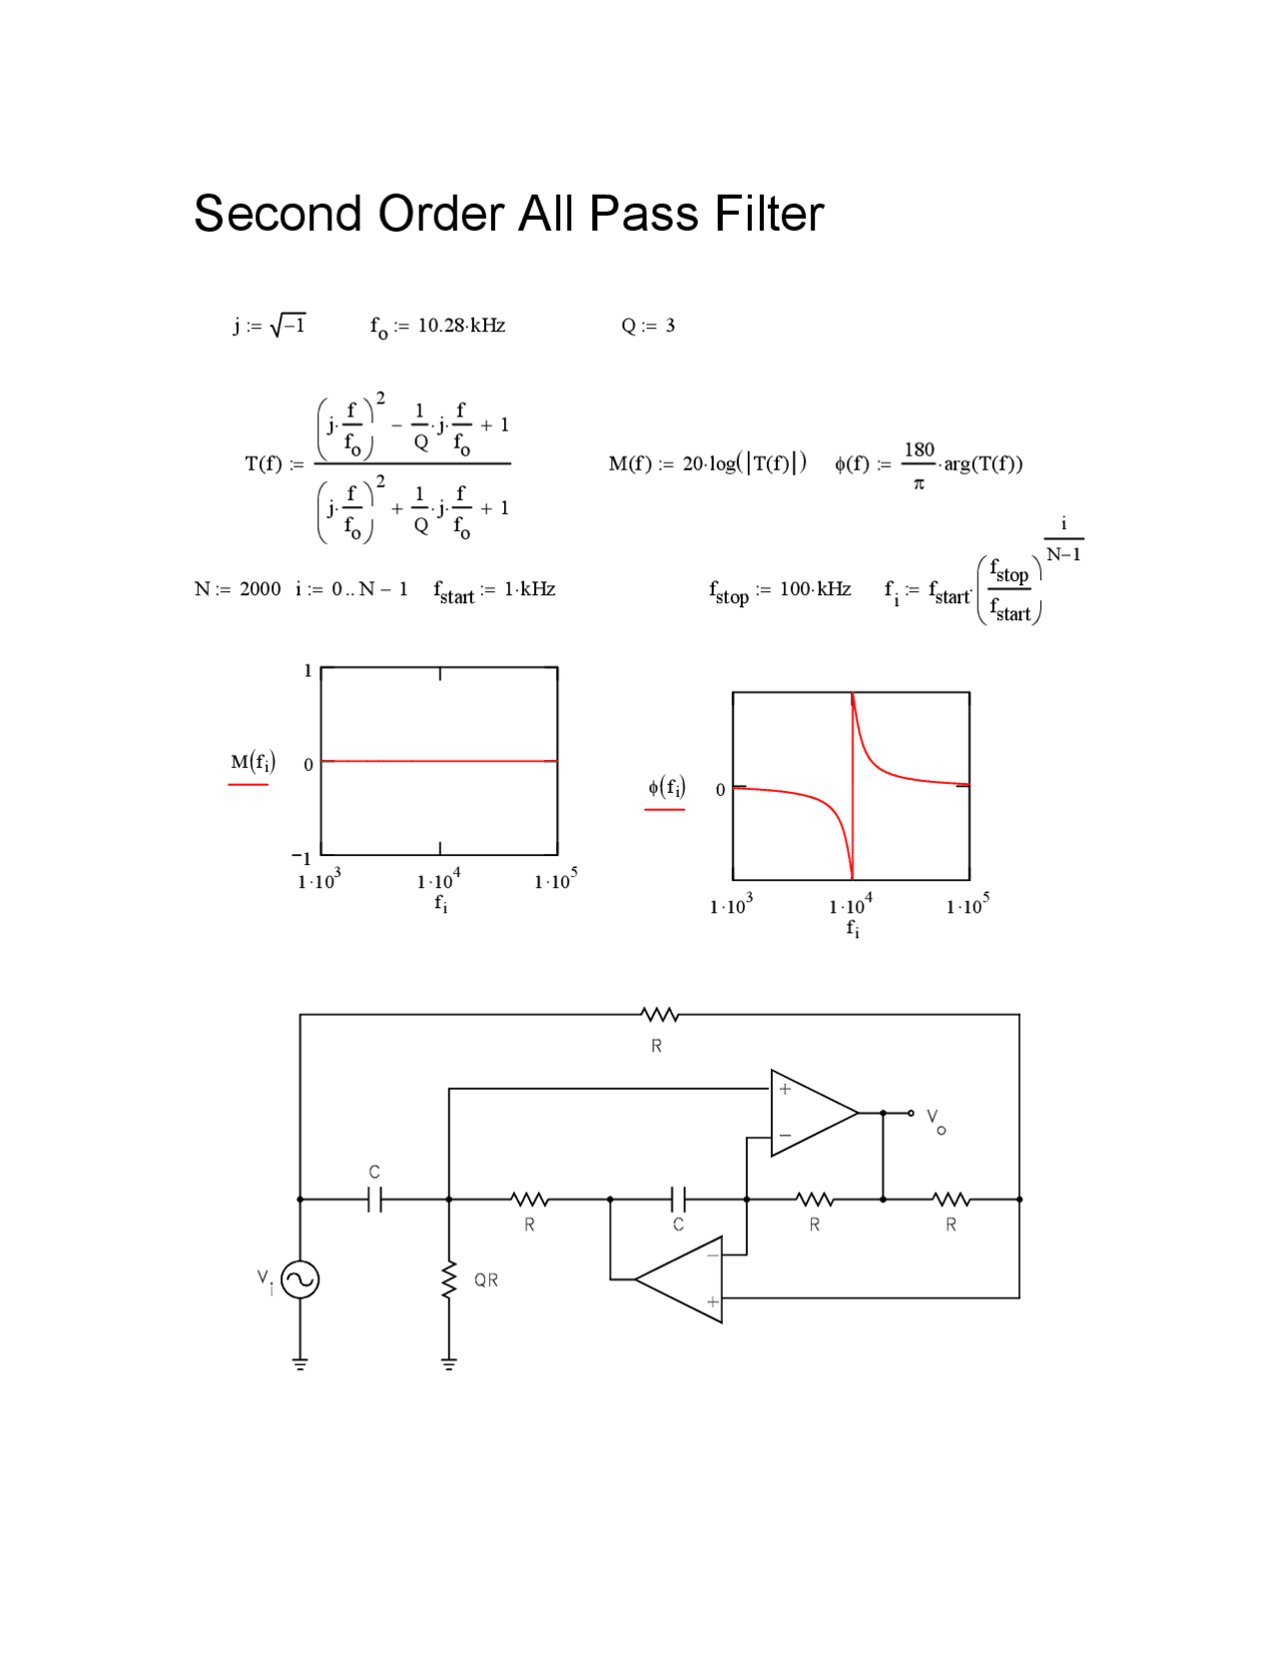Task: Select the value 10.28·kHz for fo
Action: click(x=461, y=326)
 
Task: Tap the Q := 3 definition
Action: click(x=648, y=326)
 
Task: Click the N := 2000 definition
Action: click(x=238, y=589)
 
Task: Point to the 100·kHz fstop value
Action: click(x=815, y=589)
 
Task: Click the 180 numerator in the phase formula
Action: click(x=919, y=449)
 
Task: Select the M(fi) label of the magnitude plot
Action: click(x=253, y=762)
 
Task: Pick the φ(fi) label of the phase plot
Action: click(x=666, y=787)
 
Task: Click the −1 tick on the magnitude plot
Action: click(x=302, y=857)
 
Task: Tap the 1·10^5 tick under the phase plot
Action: click(x=966, y=905)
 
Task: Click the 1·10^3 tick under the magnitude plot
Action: click(x=319, y=880)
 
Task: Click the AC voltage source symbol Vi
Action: click(x=300, y=1279)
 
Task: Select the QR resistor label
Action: click(x=486, y=1280)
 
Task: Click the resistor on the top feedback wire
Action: click(x=659, y=1016)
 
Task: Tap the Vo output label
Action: click(x=936, y=1120)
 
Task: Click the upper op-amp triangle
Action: click(x=809, y=1113)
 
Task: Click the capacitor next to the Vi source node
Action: click(x=374, y=1199)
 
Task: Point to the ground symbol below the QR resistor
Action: click(x=449, y=1363)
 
